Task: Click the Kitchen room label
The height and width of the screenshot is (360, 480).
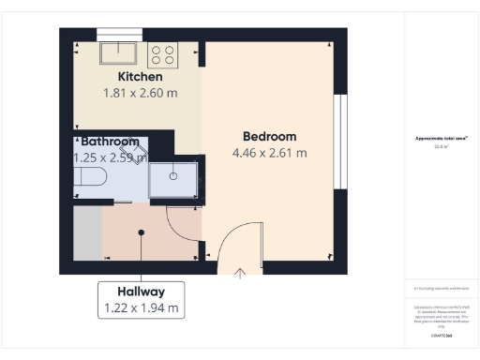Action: point(140,76)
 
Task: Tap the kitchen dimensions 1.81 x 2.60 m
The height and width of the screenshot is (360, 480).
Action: point(140,93)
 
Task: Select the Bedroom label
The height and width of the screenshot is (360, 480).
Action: point(269,136)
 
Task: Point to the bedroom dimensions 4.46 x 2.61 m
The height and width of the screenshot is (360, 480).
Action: point(269,153)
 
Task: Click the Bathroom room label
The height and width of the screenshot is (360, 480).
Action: point(110,142)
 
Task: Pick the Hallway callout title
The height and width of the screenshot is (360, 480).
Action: point(141,291)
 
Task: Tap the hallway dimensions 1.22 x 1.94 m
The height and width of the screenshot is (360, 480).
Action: point(141,307)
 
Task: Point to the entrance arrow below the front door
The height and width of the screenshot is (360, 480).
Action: point(240,274)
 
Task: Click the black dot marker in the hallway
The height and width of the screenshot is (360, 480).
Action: point(142,232)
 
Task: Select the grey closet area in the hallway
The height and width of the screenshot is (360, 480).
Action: point(87,234)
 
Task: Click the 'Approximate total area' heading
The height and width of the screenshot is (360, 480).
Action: point(442,139)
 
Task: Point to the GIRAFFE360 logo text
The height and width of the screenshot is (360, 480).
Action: point(442,335)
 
